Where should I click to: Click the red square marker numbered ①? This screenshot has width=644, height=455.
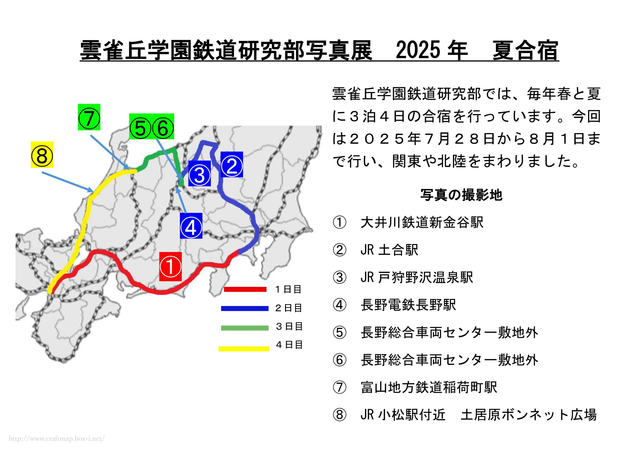pyautogui.click(x=171, y=266)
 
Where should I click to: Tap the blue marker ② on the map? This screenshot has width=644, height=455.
pyautogui.click(x=232, y=165)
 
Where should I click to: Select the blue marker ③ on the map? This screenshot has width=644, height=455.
pyautogui.click(x=200, y=174)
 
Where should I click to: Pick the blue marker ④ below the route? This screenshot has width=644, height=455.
pyautogui.click(x=191, y=226)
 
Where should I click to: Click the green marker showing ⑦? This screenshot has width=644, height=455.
pyautogui.click(x=89, y=117)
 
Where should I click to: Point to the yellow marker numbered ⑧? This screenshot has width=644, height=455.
pyautogui.click(x=42, y=155)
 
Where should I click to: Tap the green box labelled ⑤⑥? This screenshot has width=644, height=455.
pyautogui.click(x=151, y=126)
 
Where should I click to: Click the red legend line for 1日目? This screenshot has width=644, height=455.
pyautogui.click(x=245, y=289)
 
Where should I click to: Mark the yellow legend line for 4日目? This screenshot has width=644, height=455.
pyautogui.click(x=244, y=349)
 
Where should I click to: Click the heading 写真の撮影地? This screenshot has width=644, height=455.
pyautogui.click(x=461, y=195)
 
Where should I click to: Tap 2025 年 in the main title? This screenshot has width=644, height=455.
pyautogui.click(x=432, y=50)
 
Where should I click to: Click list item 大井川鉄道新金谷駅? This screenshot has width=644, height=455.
pyautogui.click(x=422, y=222)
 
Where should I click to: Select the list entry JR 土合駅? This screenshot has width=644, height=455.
pyautogui.click(x=389, y=250)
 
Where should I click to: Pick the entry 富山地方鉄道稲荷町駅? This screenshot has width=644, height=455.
pyautogui.click(x=429, y=387)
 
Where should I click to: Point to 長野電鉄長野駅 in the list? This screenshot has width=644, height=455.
pyautogui.click(x=408, y=305)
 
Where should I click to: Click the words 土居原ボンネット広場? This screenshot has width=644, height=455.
pyautogui.click(x=529, y=415)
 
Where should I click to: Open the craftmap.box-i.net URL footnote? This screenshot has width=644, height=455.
pyautogui.click(x=57, y=438)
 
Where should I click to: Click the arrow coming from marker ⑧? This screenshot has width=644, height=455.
pyautogui.click(x=67, y=182)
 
